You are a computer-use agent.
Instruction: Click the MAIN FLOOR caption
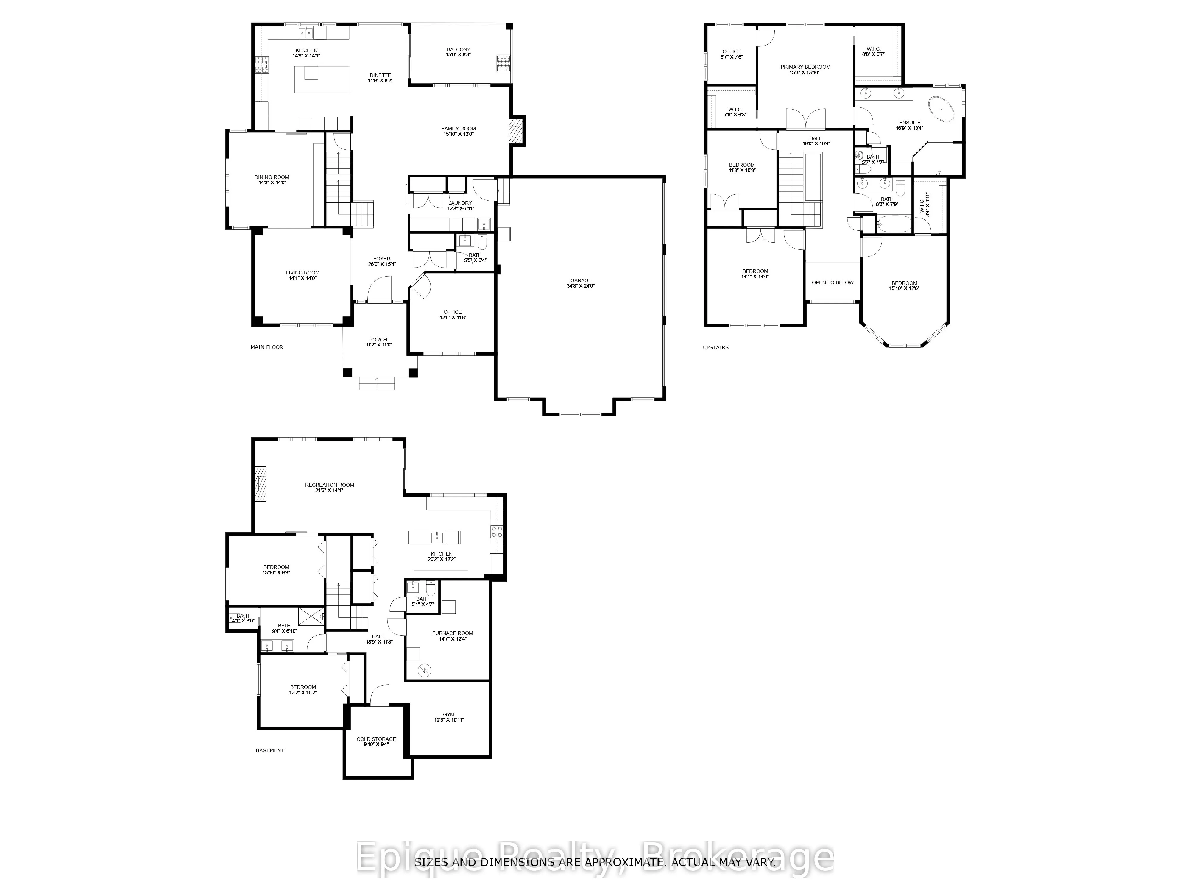[266, 347]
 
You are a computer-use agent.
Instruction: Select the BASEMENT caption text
[270, 750]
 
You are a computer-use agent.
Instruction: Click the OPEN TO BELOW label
[833, 282]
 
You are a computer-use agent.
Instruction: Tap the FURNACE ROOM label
[452, 633]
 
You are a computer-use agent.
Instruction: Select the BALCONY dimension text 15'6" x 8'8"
[458, 55]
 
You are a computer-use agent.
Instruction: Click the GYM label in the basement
[448, 714]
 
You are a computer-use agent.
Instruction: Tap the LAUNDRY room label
[460, 203]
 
